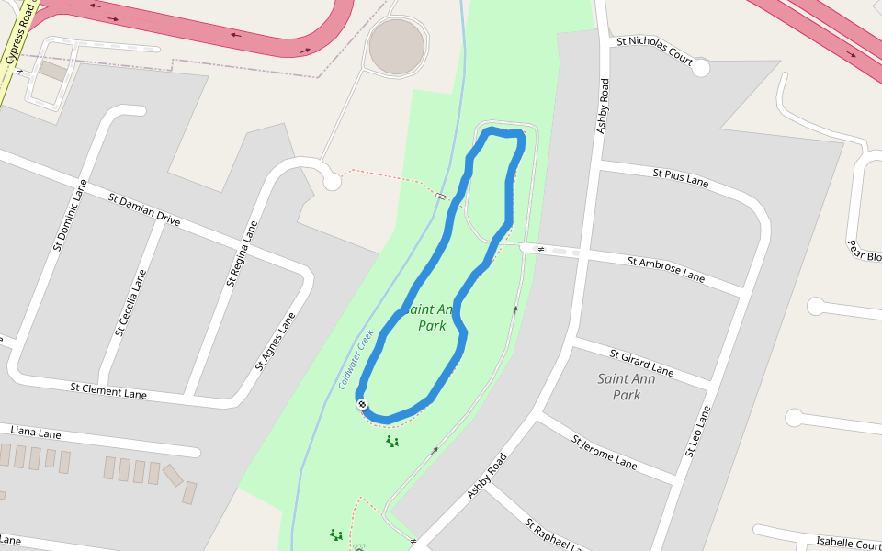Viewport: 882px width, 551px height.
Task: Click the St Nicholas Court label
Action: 654,50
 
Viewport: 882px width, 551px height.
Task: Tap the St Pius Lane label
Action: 681,177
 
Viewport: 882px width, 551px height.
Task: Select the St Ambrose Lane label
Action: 666,269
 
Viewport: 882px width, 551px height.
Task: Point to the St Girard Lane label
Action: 642,363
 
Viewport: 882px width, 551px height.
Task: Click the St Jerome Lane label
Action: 604,452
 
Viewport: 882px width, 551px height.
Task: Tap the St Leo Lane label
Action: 698,432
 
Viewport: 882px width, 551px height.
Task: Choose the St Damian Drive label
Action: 144,210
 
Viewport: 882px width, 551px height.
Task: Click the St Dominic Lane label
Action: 70,215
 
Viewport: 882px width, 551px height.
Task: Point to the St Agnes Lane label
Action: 276,342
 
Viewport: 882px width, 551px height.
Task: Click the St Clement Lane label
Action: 108,390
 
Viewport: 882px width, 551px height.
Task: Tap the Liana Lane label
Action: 36,433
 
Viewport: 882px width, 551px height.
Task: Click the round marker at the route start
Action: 363,404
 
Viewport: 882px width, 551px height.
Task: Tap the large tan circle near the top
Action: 397,45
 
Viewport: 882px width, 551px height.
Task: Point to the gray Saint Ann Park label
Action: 626,387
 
